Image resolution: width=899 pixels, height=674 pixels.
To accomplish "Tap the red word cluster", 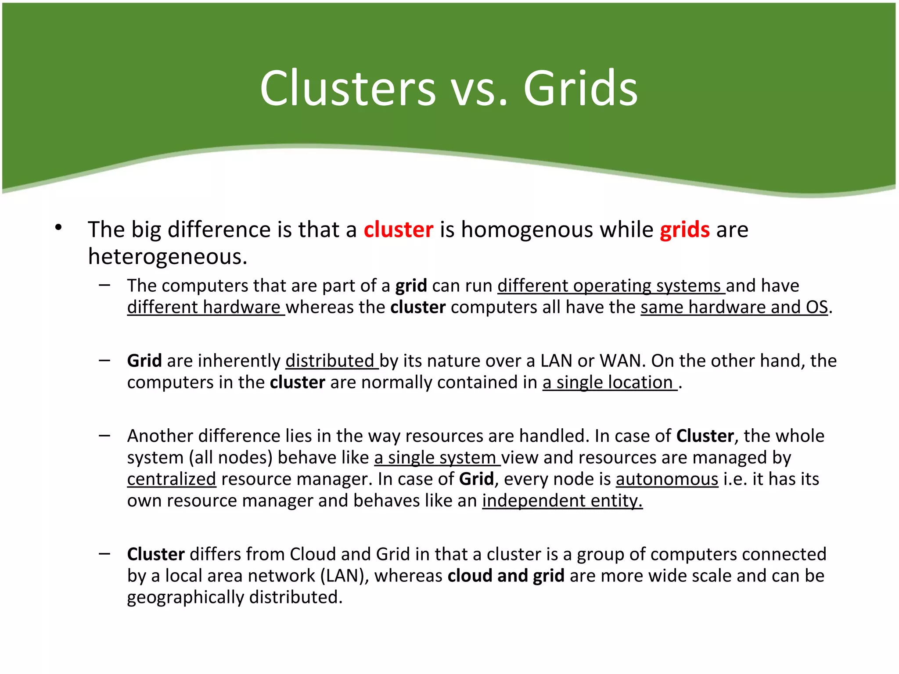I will pos(398,229).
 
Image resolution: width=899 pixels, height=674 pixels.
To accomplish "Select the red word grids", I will pos(684,229).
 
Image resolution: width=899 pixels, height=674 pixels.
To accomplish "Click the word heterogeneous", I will pos(168,257).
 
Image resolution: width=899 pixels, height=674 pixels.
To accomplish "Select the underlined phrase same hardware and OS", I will pos(734,307).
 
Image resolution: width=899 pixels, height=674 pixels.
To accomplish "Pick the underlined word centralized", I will pos(172,479).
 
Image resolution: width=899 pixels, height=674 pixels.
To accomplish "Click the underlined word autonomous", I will pos(667,479).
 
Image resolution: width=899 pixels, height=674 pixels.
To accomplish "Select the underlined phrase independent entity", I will pos(562,501).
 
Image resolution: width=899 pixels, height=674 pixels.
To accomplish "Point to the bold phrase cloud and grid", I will pos(506,576).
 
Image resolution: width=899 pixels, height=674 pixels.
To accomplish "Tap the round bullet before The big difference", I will pos(58,228).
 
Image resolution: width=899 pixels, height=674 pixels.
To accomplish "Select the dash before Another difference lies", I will pos(104,436).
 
